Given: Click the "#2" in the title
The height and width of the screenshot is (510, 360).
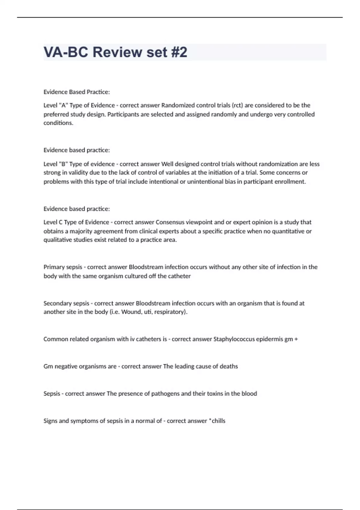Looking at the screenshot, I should (178, 52).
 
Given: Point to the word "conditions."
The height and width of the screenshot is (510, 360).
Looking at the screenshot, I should (58, 123).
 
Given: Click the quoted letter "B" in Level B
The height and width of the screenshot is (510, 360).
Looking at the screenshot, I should (63, 164).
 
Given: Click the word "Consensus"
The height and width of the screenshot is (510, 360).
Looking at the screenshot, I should (170, 222).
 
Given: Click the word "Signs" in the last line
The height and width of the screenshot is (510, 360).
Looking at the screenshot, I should (50, 421).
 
